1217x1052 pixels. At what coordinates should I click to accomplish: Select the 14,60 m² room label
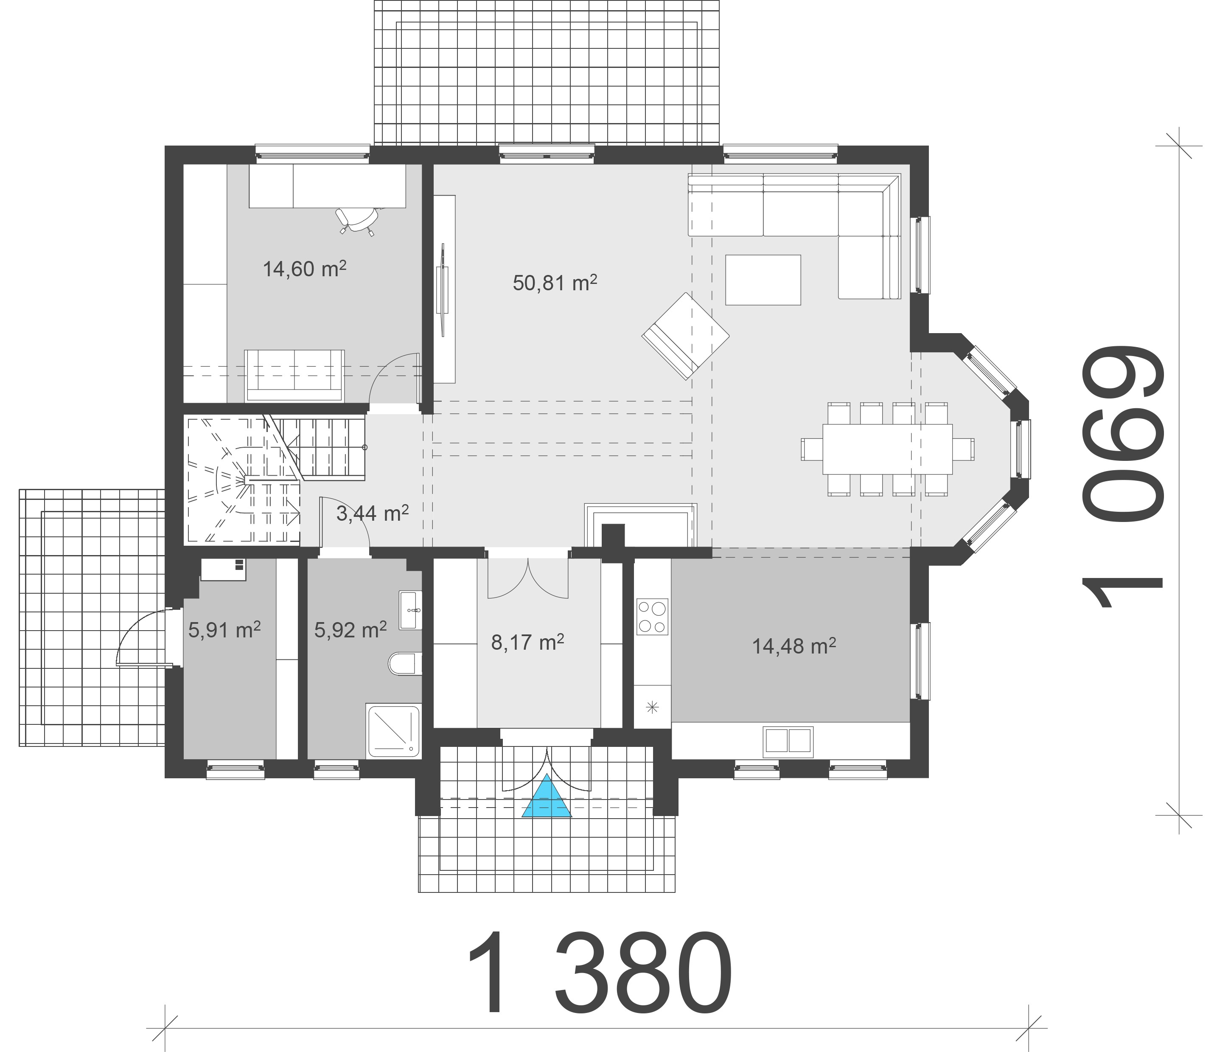tap(304, 269)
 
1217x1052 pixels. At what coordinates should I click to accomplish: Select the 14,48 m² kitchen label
tap(794, 646)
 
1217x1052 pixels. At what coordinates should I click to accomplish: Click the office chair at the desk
tap(356, 220)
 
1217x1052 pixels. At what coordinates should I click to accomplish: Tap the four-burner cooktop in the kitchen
tap(653, 617)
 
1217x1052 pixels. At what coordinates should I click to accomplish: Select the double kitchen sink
tap(788, 741)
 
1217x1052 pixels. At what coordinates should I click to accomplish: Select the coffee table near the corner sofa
tap(763, 280)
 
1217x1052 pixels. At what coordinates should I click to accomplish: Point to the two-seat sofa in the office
tap(294, 375)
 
